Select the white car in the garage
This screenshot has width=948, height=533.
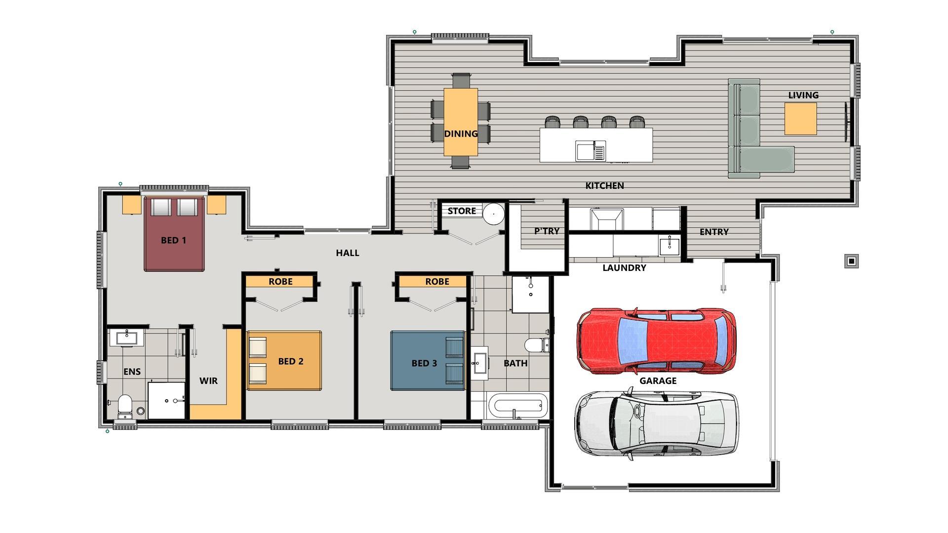pyautogui.click(x=657, y=423)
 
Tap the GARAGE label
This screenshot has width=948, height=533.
pyautogui.click(x=658, y=381)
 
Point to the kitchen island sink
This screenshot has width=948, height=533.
pyautogui.click(x=590, y=151)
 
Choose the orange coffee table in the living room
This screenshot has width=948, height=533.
pyautogui.click(x=800, y=118)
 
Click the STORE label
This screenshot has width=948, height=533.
pyautogui.click(x=462, y=211)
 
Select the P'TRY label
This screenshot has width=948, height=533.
pyautogui.click(x=547, y=231)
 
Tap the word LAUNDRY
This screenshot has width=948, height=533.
pyautogui.click(x=624, y=268)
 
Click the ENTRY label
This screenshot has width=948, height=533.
pyautogui.click(x=714, y=232)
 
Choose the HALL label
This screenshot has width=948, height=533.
pyautogui.click(x=348, y=253)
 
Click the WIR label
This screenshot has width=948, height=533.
pyautogui.click(x=208, y=381)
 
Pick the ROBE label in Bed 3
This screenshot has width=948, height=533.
pyautogui.click(x=437, y=281)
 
